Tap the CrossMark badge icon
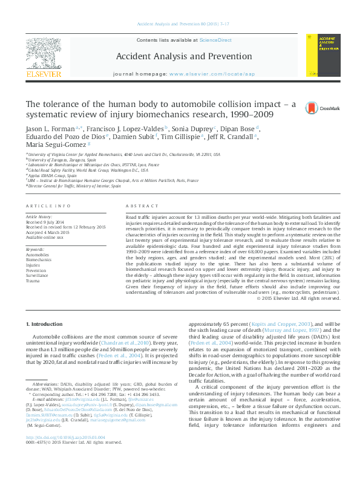pyautogui.click(x=312, y=108)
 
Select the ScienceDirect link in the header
pyautogui.click(x=216, y=40)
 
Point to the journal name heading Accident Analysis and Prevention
pyautogui.click(x=183, y=57)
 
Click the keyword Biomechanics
pyautogui.click(x=39, y=260)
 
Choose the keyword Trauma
pyautogui.click(x=33, y=281)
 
